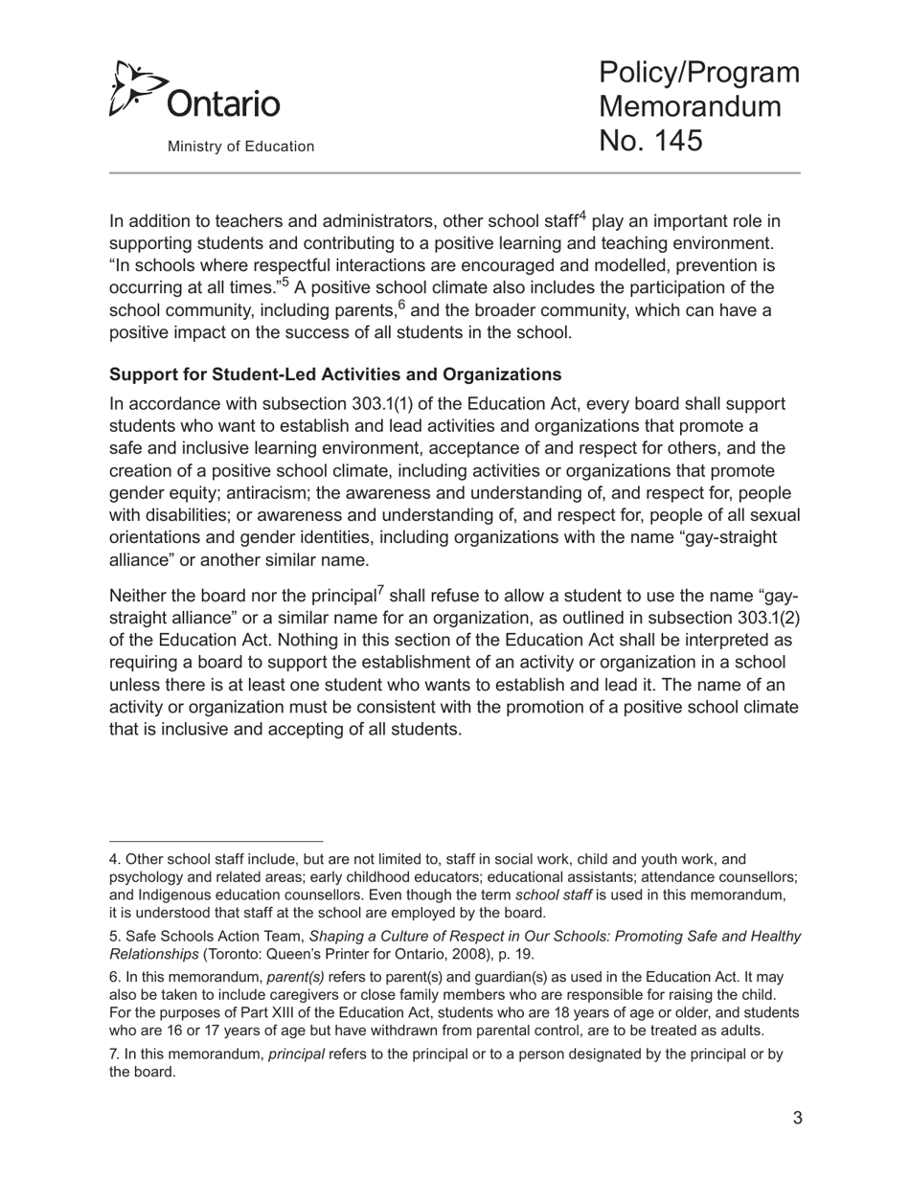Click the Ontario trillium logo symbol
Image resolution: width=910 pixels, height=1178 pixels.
click(131, 89)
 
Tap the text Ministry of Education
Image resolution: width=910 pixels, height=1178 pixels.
click(240, 147)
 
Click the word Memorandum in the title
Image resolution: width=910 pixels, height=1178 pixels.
click(690, 106)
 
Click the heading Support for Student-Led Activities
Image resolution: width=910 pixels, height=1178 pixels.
click(335, 374)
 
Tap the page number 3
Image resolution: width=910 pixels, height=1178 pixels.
click(797, 1118)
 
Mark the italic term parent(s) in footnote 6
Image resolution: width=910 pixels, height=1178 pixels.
click(296, 978)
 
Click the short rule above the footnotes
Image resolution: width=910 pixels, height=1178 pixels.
click(216, 842)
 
